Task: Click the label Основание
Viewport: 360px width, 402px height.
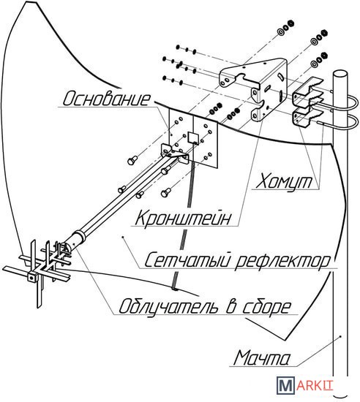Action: pos(106,99)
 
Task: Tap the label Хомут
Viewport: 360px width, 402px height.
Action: pos(284,182)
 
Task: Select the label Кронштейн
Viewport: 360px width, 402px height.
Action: pos(183,218)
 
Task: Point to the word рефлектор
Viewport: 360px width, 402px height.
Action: pos(282,262)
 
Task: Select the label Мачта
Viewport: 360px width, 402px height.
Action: pos(262,357)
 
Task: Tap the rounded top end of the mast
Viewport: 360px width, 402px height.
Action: pos(340,74)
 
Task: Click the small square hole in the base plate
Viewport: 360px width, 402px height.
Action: pos(193,137)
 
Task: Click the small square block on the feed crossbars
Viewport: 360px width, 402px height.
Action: pos(31,277)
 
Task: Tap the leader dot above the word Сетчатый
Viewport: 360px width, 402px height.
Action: pos(123,237)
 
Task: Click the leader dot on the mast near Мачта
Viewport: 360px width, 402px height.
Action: pos(341,335)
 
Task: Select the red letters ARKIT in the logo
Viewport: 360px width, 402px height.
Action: pos(315,386)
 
